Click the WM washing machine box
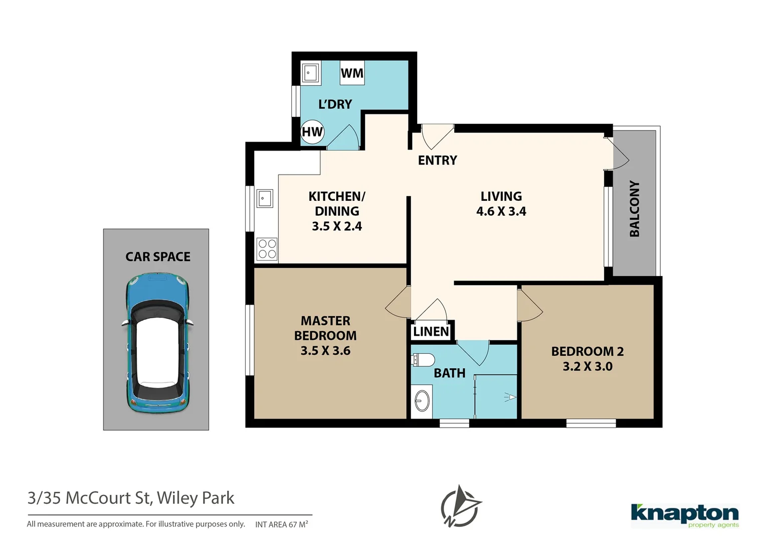352,73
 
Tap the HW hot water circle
312,132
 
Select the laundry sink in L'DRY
310,73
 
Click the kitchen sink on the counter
265,199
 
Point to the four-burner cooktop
267,249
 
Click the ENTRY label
437,161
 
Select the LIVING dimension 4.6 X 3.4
501,212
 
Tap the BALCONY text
635,209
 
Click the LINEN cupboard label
431,332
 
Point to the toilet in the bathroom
424,360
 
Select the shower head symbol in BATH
510,397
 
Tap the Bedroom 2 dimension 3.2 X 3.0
587,367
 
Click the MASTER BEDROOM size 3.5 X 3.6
325,351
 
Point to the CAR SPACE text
157,257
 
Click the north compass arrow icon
461,506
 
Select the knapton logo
684,515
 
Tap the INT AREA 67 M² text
281,524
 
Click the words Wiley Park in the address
196,498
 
